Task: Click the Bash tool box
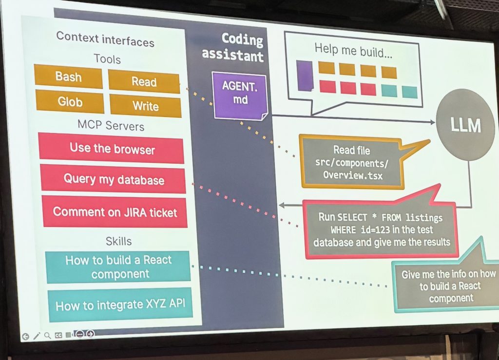pyautogui.click(x=68, y=77)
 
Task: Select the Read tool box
pyautogui.click(x=144, y=82)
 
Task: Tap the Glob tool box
pyautogui.click(x=70, y=102)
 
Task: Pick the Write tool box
pyautogui.click(x=145, y=106)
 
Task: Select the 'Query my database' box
pyautogui.click(x=114, y=179)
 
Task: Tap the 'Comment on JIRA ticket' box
pyautogui.click(x=115, y=212)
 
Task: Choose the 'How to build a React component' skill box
pyautogui.click(x=118, y=267)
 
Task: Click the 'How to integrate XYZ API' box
pyautogui.click(x=120, y=306)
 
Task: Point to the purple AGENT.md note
pyautogui.click(x=239, y=94)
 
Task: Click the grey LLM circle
pyautogui.click(x=465, y=125)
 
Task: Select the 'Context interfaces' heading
pyautogui.click(x=105, y=39)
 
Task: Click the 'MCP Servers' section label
pyautogui.click(x=111, y=126)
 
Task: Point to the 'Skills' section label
pyautogui.click(x=118, y=241)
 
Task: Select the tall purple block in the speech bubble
pyautogui.click(x=305, y=76)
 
